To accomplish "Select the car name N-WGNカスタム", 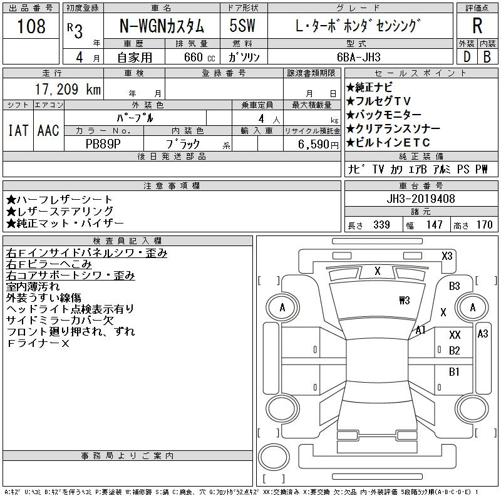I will pos(162,27).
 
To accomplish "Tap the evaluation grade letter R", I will pos(477,26).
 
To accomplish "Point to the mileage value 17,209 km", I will pos(55,90).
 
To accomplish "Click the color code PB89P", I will pos(103,143).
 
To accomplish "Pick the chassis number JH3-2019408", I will pos(421,199).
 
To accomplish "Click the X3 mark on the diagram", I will pos(447,256).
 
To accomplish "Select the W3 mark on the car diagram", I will pos(404,299).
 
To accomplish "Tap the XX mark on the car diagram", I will pos(455,335).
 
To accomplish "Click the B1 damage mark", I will pos(455,371).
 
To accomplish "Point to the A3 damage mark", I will pos(482,334).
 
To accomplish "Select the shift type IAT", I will pos(18,130).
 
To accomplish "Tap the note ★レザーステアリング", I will pos(60,211).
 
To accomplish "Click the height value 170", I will pos(484,225).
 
